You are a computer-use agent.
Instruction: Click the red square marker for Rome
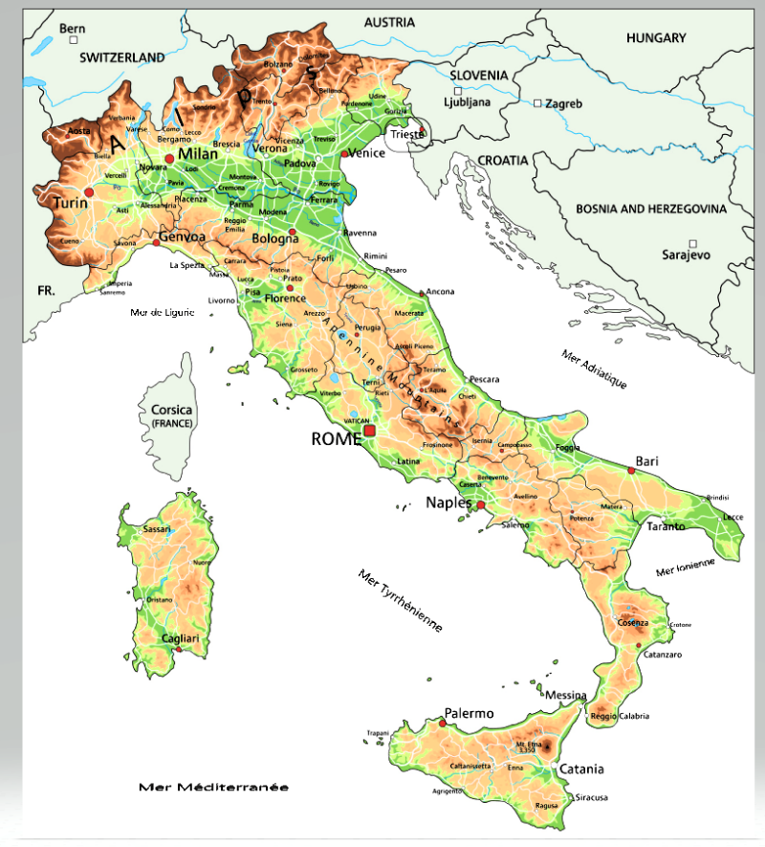tap(370, 432)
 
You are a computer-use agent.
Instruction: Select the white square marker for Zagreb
tap(538, 103)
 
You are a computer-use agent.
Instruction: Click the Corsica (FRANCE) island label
tap(172, 415)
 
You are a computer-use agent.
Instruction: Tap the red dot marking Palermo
tap(442, 724)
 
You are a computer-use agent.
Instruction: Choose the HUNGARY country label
tap(656, 38)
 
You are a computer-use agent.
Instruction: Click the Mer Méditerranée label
tap(213, 787)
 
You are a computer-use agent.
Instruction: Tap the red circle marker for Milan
tap(169, 158)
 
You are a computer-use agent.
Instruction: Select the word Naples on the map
tap(448, 502)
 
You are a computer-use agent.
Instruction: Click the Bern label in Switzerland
tap(73, 29)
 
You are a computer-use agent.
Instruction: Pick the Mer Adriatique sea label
tap(594, 368)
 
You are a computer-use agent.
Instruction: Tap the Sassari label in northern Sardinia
tap(156, 529)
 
